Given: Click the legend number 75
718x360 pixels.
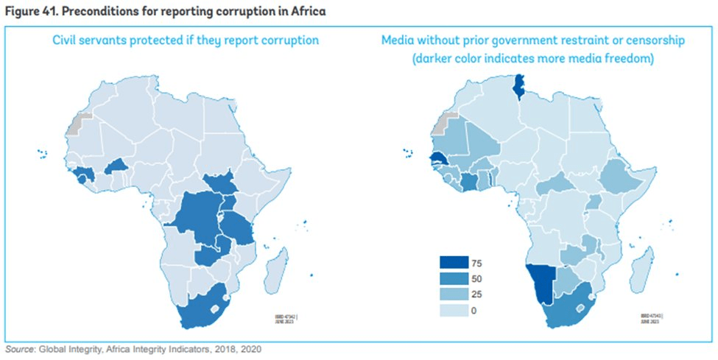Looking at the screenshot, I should point(477,263).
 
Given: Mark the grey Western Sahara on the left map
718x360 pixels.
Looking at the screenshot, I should point(75,124).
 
